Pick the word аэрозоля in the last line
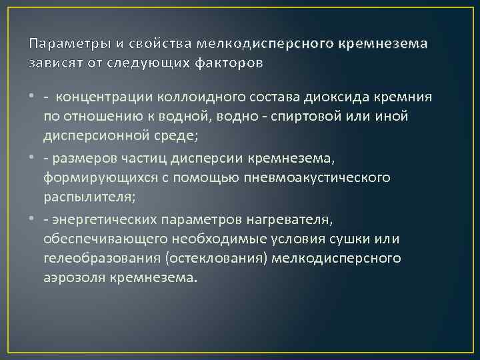[x=72, y=277]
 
